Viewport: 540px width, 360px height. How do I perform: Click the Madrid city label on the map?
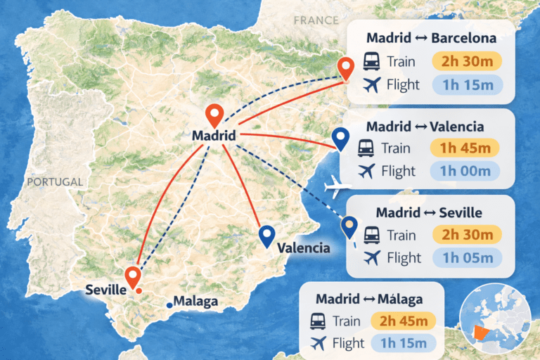click(213, 135)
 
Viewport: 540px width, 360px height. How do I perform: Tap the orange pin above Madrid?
click(214, 114)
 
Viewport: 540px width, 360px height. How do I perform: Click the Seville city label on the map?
click(105, 289)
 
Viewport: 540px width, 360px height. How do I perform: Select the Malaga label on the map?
click(195, 302)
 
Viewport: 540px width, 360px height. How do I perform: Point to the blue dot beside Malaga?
click(169, 304)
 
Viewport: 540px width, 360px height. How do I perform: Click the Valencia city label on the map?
click(303, 247)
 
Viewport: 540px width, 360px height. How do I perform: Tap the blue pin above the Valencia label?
click(266, 236)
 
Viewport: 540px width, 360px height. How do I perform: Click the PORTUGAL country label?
click(55, 181)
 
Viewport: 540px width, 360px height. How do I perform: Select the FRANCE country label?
click(316, 20)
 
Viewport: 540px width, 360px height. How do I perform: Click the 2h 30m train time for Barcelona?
click(467, 61)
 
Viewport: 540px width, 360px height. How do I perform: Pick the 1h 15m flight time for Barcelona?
click(467, 85)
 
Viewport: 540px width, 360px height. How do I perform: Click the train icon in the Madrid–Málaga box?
click(318, 321)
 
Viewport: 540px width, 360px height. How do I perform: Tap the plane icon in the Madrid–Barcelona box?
click(373, 85)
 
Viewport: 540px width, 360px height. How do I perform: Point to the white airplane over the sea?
click(339, 188)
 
